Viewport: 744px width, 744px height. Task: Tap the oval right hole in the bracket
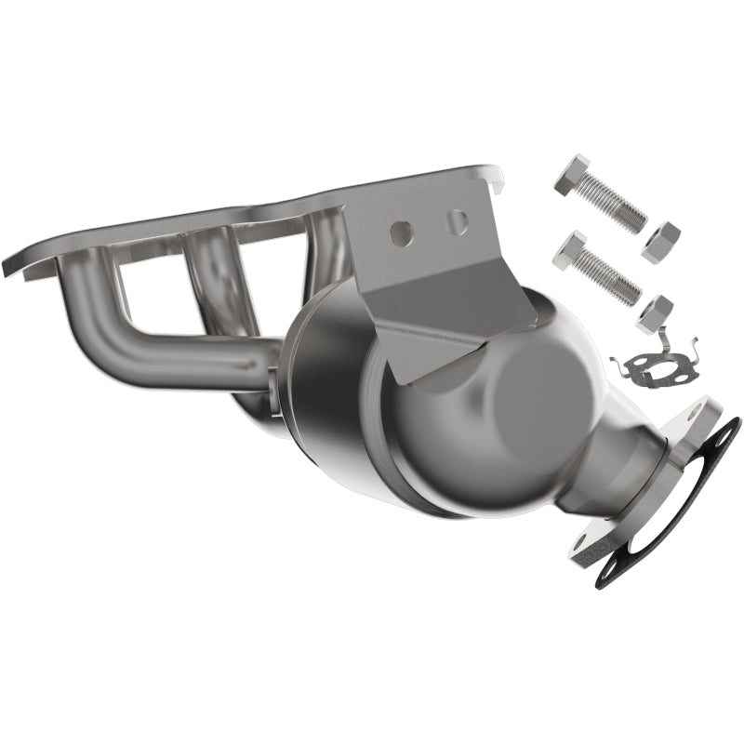click(x=456, y=222)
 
